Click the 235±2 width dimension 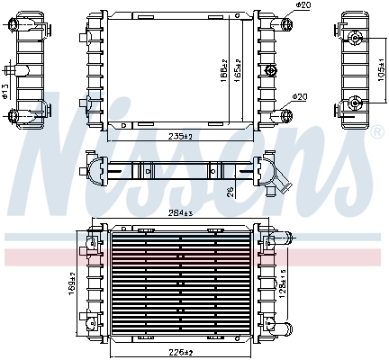click(182, 136)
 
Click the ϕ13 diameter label click(5, 91)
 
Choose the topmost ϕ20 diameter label click(302, 7)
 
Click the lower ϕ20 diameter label click(299, 97)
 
